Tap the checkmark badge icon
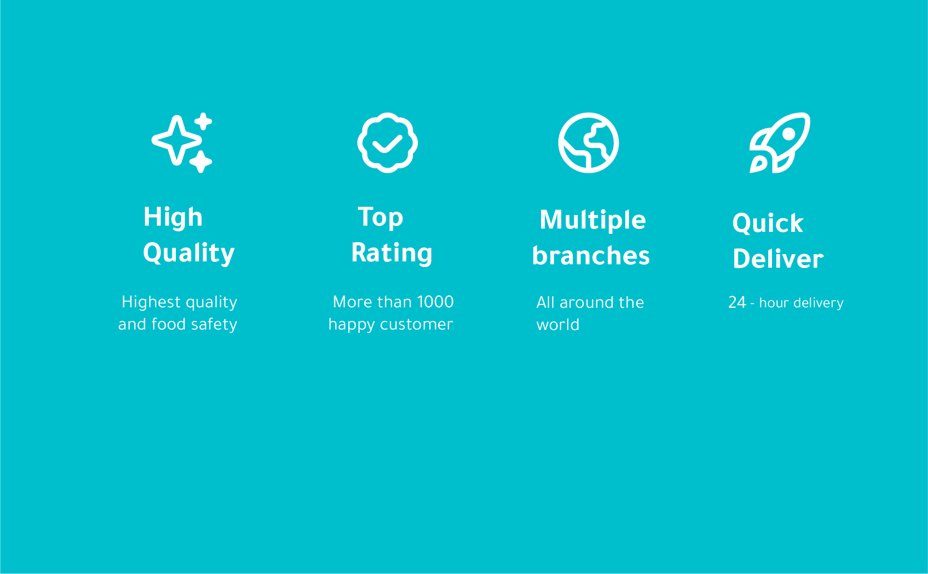[x=387, y=143]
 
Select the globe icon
[x=588, y=143]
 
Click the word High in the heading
[x=173, y=217]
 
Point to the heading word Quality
[x=189, y=253]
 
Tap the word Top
[x=381, y=217]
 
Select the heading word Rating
[x=392, y=253]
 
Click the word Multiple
[x=593, y=220]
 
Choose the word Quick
[x=768, y=223]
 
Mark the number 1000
[x=435, y=302]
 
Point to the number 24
[x=737, y=302]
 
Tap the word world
[x=558, y=325]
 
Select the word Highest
[x=151, y=302]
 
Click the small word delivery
[x=818, y=303]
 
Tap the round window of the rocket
[x=788, y=134]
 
